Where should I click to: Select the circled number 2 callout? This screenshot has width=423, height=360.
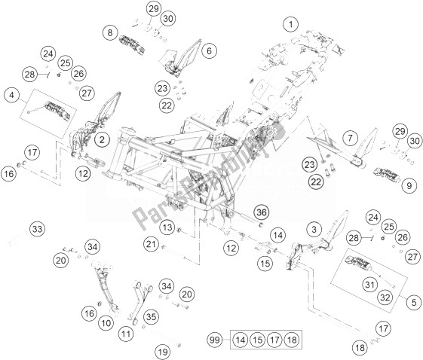[x=102, y=139]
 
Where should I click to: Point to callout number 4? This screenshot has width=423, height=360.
[x=11, y=96]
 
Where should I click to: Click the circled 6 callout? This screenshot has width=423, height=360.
[x=209, y=50]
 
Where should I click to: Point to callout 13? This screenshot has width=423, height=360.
[x=167, y=227]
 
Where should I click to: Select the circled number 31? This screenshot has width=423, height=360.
[x=369, y=284]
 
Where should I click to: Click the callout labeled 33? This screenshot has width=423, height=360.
[x=37, y=229]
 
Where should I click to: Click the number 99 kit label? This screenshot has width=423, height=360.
[x=214, y=340]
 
